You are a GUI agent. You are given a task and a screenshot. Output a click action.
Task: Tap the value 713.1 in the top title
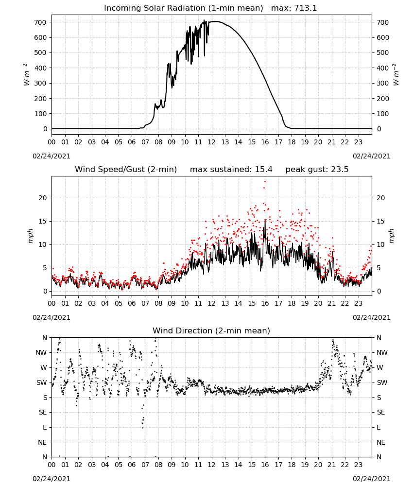306,8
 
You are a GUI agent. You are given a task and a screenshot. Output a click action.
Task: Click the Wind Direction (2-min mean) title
211,330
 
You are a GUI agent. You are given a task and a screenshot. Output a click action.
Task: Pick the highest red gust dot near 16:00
265,182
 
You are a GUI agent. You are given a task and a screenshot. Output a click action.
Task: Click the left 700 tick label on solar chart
40,22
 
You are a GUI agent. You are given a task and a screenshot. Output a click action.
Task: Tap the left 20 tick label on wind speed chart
43,198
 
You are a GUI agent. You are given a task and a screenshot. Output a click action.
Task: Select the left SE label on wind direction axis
43,412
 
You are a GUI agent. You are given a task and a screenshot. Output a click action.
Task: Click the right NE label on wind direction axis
381,442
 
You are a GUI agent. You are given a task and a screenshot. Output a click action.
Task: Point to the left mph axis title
30,236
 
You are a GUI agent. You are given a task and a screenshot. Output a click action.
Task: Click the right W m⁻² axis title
396,75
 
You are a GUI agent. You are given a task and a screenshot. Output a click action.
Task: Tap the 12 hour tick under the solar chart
212,142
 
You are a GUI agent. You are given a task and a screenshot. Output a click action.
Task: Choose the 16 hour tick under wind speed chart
265,303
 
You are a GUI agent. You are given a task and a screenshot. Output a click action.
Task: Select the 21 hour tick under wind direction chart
331,465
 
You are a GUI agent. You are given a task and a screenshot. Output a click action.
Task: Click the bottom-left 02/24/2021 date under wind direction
52,479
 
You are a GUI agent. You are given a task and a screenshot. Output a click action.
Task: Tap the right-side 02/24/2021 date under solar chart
372,156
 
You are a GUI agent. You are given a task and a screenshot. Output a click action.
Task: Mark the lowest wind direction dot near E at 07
142,428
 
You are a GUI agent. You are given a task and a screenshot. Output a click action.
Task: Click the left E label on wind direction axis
45,427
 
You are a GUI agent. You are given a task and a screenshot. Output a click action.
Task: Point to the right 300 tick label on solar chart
383,83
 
